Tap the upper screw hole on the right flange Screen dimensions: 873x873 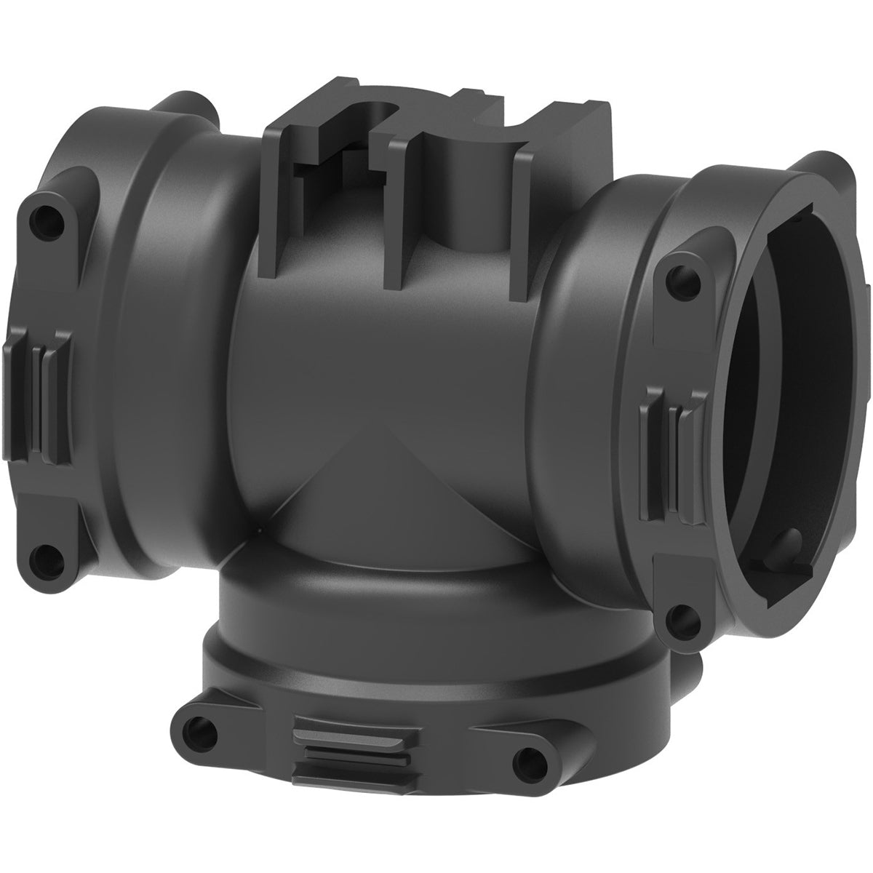(x=682, y=277)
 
